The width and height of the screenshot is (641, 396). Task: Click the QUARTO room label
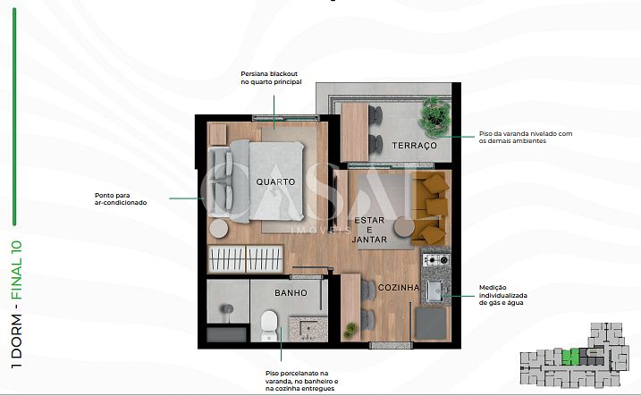pos(275,181)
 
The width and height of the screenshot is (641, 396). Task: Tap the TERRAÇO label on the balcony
pos(415,146)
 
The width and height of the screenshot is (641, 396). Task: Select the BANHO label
pos(291,293)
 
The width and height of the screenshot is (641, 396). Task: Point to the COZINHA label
pos(399,288)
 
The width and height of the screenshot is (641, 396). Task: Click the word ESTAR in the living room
pos(369,220)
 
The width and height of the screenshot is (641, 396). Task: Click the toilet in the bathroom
pos(269,325)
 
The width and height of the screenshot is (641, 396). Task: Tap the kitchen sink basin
pos(434,291)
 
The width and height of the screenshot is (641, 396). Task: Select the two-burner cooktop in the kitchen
pos(436,259)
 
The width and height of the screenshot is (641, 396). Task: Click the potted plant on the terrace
pos(435,116)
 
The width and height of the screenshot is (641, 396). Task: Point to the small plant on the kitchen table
pos(350,329)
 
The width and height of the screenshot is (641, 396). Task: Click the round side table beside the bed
pos(218,228)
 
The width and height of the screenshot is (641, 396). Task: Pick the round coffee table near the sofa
pos(404,226)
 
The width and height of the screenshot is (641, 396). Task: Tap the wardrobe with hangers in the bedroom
pos(245,259)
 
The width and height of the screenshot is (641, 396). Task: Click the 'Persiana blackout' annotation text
pos(271,78)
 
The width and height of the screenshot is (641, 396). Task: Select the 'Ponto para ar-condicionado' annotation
pos(121,199)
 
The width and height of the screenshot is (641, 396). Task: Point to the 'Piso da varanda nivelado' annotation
pos(526,138)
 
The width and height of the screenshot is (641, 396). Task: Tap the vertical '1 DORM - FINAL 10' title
pos(16,304)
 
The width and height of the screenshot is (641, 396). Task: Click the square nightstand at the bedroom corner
pos(217,134)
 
